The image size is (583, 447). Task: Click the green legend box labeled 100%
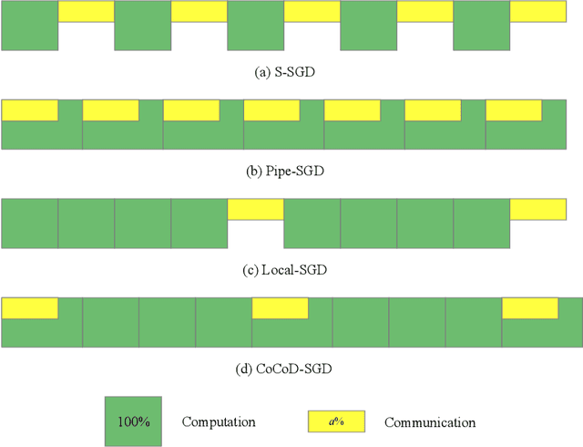133,421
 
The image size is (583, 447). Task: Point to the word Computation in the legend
219,422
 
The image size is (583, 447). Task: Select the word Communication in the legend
430,422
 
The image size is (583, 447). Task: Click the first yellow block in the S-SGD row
86,11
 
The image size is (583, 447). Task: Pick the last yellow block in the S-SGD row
538,11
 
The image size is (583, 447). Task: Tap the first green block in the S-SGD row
29,26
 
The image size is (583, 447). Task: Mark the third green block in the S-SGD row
255,26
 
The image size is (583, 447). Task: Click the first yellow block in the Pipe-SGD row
30,110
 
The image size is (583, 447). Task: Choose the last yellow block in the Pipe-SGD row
514,110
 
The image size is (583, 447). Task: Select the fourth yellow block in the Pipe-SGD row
271,110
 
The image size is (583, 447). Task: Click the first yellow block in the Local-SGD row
255,209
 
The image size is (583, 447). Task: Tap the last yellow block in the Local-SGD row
537,209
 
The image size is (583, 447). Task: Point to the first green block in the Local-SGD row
29,223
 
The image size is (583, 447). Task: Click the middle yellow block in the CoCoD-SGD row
280,307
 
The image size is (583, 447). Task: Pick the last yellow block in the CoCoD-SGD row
530,307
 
